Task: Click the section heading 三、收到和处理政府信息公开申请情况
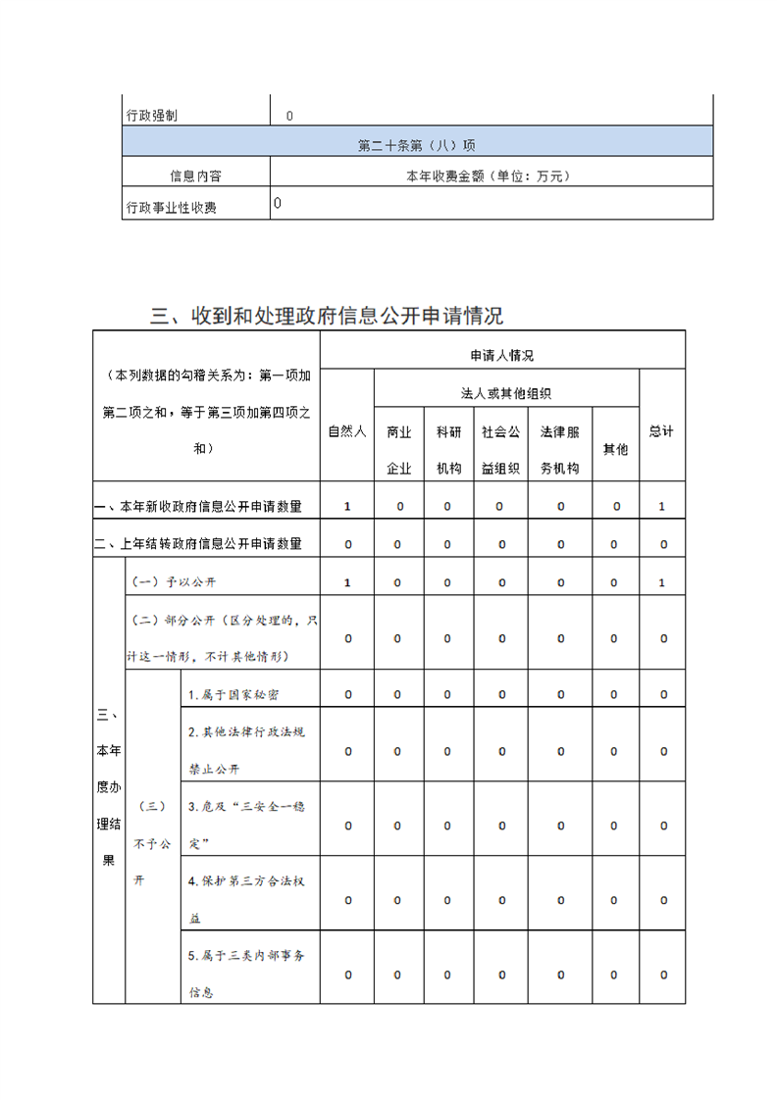pos(327,316)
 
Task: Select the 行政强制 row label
pos(152,116)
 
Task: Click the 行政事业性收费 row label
pos(172,207)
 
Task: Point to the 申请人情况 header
pos(502,355)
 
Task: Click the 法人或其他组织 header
pos(506,393)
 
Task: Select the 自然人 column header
pos(347,431)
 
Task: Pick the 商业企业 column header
pos(398,449)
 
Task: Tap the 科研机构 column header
pos(448,449)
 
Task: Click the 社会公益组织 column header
pos(501,449)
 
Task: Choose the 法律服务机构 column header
pos(560,449)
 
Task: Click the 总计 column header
pos(662,431)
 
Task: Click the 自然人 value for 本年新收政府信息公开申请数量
pos(347,507)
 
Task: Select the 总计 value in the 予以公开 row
pos(662,582)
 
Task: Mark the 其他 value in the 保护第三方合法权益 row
pos(615,899)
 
